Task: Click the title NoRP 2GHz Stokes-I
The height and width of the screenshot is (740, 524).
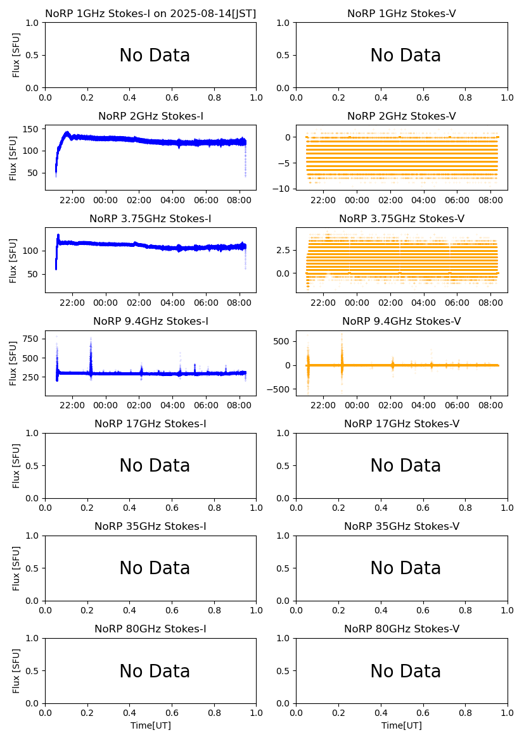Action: click(x=151, y=116)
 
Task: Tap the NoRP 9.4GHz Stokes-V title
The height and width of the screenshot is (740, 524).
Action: click(x=402, y=321)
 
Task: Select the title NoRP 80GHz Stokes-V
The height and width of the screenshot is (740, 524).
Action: click(x=402, y=629)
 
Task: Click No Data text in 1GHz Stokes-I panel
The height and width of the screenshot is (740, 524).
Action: click(x=155, y=56)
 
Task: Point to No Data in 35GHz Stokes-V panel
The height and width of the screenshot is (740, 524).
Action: click(x=406, y=568)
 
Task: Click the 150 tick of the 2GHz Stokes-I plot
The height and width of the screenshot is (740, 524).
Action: click(x=32, y=129)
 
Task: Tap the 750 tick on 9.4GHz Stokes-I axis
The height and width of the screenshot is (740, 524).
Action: click(x=32, y=339)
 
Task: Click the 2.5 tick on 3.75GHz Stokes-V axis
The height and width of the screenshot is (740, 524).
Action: click(x=285, y=250)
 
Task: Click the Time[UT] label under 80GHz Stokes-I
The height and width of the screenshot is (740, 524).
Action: click(x=151, y=725)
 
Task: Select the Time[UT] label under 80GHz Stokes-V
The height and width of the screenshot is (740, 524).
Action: click(x=402, y=725)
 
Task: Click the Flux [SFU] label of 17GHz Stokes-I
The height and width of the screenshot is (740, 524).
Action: click(x=16, y=466)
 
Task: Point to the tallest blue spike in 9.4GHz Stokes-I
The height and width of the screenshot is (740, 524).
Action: click(x=91, y=340)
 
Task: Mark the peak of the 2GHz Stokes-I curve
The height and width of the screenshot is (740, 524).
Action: click(x=67, y=133)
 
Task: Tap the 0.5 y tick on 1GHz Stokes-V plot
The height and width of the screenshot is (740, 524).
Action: click(x=285, y=55)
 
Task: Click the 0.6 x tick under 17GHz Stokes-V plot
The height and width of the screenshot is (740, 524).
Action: click(x=423, y=508)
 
